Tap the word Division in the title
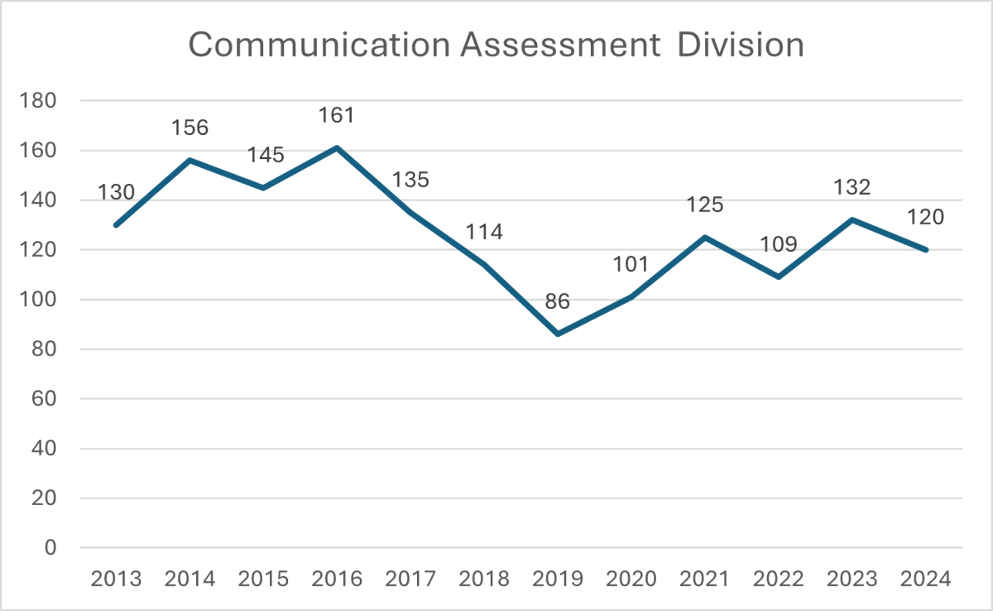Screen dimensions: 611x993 741,46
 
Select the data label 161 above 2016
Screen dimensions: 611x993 337,115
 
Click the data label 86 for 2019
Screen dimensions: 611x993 558,301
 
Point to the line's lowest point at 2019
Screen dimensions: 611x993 558,334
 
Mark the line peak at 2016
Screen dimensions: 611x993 337,148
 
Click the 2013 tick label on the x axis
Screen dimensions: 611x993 116,578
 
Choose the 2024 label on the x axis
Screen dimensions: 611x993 926,578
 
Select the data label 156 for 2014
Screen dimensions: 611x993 189,128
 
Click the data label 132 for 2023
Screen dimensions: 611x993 852,187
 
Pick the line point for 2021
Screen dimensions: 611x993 705,237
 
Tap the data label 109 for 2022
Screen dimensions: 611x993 779,245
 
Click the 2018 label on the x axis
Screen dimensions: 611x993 484,578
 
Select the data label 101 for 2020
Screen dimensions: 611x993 631,265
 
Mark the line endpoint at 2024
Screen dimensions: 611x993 926,249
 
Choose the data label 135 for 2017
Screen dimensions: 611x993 410,180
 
